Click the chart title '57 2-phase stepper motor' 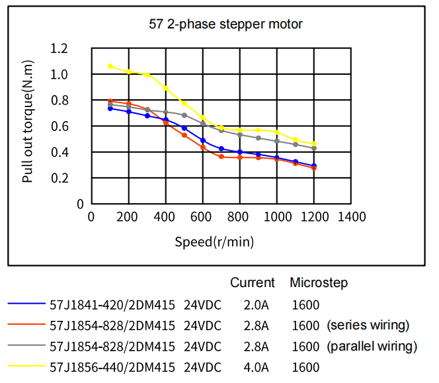225,24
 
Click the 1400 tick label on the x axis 352,217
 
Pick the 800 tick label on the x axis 240,217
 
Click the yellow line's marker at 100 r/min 110,66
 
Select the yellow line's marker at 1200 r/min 314,144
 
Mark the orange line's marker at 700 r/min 221,157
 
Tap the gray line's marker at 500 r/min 184,115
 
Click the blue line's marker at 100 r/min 110,108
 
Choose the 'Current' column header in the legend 252,283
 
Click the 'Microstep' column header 319,283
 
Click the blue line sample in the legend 26,305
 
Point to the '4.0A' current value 256,367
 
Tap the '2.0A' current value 256,305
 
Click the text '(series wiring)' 368,325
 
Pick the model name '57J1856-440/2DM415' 112,367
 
